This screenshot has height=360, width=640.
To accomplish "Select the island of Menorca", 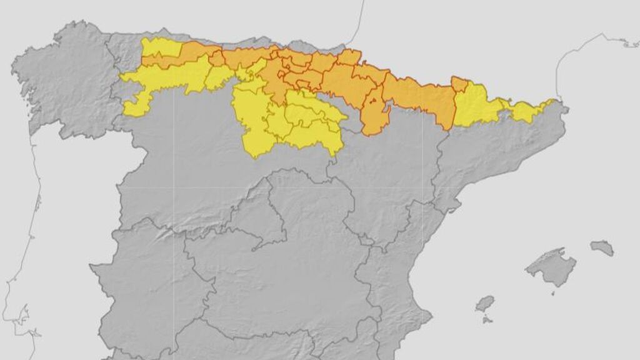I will [602, 247].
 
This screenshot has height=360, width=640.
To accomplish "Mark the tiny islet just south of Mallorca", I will [553, 292].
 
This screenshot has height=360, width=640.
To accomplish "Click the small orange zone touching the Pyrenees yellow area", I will [459, 84].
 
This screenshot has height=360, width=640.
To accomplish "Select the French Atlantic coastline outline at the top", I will [359, 25].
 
